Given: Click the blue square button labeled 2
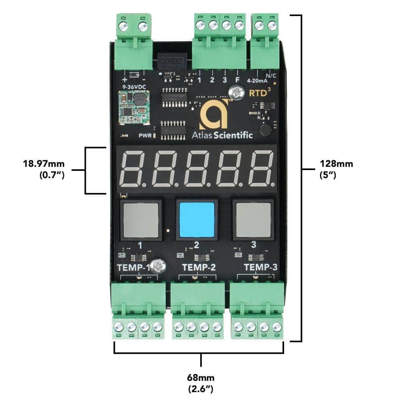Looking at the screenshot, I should (x=197, y=220).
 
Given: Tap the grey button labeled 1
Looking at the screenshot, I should (x=141, y=220).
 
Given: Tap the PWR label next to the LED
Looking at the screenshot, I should (x=145, y=135).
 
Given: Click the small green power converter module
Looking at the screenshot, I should (x=133, y=107).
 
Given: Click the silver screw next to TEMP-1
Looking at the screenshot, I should (x=160, y=266).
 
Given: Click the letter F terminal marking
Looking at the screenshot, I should (x=237, y=79).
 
